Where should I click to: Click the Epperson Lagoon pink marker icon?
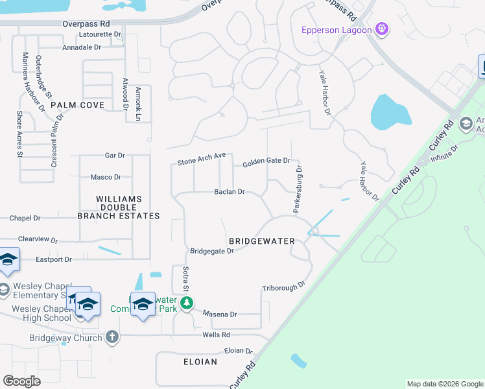[383, 29]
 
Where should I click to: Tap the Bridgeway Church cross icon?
[112, 337]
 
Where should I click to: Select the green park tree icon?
[187, 303]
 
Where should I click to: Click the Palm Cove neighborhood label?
[77, 104]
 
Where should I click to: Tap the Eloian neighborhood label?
[200, 362]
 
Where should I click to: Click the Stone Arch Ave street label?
[201, 159]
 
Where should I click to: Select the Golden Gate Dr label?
[266, 163]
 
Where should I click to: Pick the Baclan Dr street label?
[230, 192]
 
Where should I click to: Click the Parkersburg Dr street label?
[299, 189]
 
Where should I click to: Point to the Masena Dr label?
[220, 314]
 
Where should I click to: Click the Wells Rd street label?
[216, 335]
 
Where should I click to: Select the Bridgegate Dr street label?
[211, 251]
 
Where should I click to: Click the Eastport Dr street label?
[53, 259]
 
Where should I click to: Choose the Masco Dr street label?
[106, 177]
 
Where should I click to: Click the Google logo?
[21, 381]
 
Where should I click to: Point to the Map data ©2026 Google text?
[444, 384]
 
